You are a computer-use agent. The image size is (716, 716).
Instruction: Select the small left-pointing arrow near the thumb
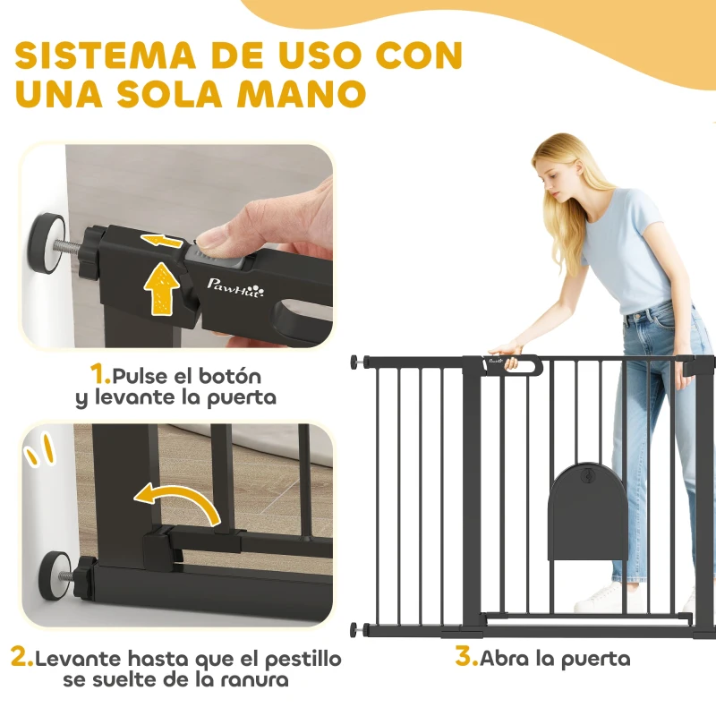(x=166, y=240)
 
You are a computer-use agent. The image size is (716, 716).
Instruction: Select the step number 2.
(x=21, y=659)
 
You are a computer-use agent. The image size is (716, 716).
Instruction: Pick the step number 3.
(x=465, y=658)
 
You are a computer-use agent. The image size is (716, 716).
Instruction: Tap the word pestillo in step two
(x=301, y=660)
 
